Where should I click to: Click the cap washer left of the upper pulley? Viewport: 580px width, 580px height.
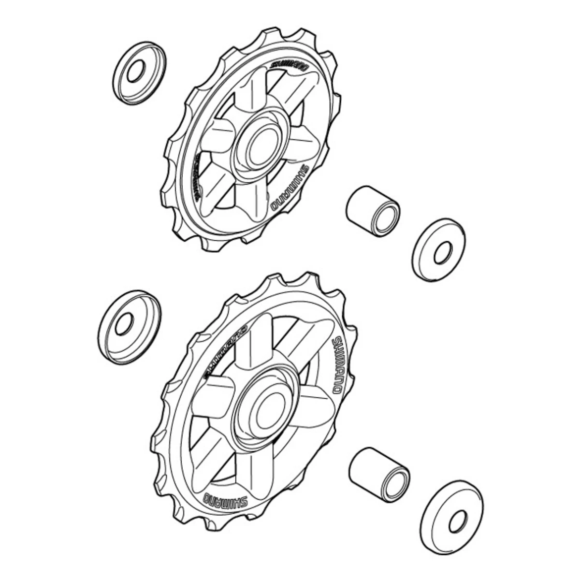pos(140,73)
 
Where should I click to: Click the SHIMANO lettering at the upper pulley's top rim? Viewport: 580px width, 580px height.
pos(289,64)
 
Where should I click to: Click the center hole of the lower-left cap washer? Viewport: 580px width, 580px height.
pos(124,323)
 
